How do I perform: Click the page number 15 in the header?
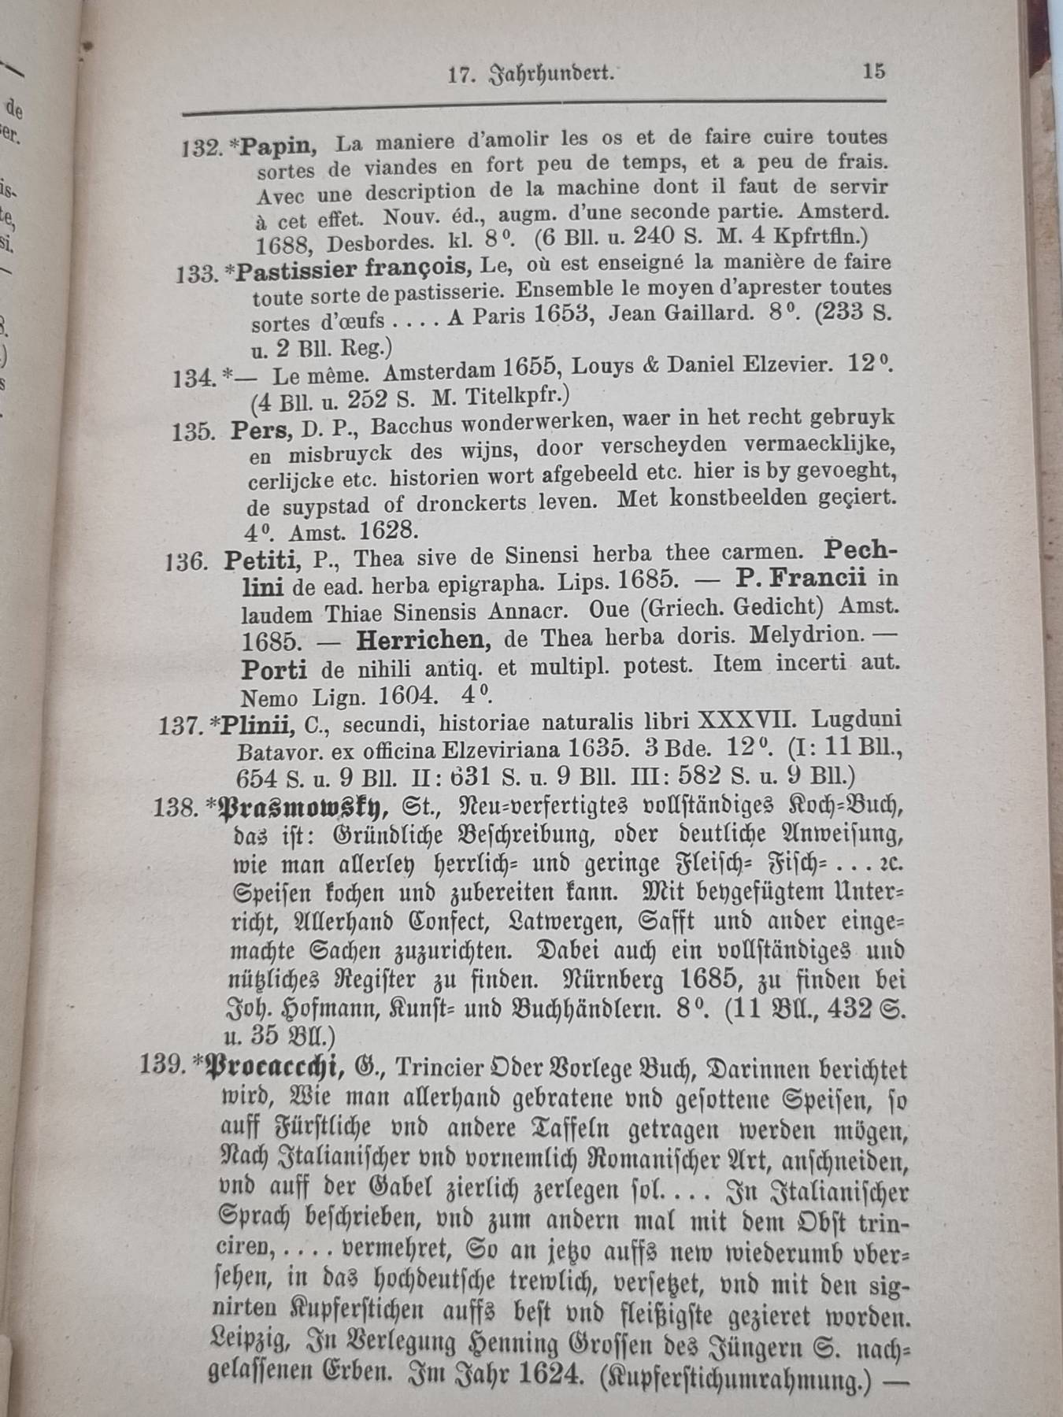tap(873, 71)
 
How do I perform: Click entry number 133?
tap(196, 274)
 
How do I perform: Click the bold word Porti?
tap(274, 669)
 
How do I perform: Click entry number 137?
tap(180, 726)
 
